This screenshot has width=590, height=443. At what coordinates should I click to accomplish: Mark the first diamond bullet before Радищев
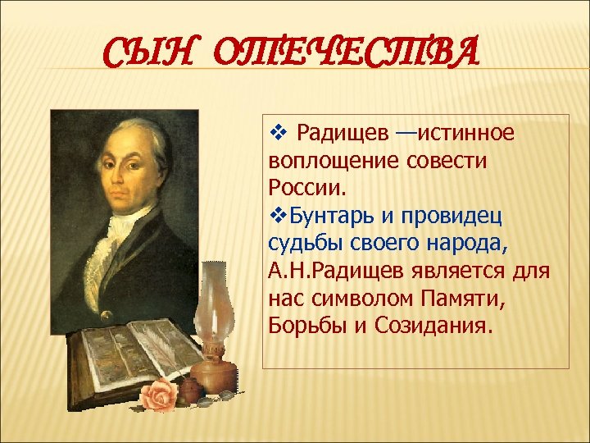[x=276, y=131]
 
